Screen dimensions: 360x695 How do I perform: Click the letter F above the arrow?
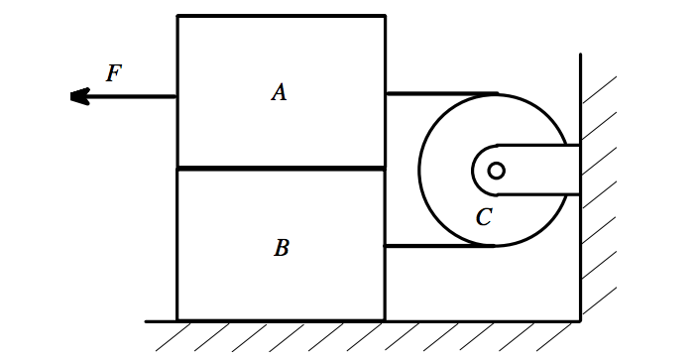pyautogui.click(x=114, y=72)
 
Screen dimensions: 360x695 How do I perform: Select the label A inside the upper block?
pyautogui.click(x=279, y=92)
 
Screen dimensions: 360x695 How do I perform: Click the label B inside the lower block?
pyautogui.click(x=281, y=248)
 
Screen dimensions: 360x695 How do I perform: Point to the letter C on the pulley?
pyautogui.click(x=484, y=217)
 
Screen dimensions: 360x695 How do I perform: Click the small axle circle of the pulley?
pyautogui.click(x=496, y=171)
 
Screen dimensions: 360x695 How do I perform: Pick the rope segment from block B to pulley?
pyautogui.click(x=436, y=246)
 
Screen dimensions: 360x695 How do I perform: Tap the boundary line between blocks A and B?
pyautogui.click(x=281, y=169)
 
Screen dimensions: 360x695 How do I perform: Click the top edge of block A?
pyautogui.click(x=281, y=16)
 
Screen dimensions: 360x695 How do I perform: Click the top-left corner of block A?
pyautogui.click(x=177, y=16)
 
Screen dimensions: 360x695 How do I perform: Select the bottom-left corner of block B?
pyautogui.click(x=177, y=320)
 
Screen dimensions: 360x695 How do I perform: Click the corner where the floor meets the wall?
pyautogui.click(x=580, y=320)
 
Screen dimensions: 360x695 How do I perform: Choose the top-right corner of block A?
pyautogui.click(x=385, y=16)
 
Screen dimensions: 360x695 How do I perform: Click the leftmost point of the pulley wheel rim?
pyautogui.click(x=419, y=170)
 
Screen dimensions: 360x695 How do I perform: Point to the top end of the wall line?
pyautogui.click(x=580, y=56)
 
